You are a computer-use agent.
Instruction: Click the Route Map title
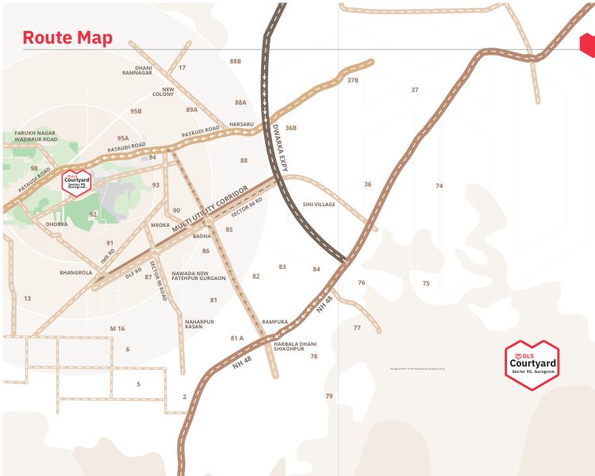point(67,37)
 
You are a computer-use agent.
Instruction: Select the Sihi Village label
point(319,205)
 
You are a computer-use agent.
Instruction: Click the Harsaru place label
point(241,125)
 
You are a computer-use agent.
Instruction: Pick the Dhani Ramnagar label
point(144,71)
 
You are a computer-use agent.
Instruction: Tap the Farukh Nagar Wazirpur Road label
point(36,136)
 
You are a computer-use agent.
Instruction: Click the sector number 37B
point(353,80)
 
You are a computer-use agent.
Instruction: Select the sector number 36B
point(290,128)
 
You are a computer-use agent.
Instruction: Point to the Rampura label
point(274,322)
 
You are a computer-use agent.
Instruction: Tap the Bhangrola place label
point(76,273)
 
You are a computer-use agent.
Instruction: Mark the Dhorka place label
point(57,225)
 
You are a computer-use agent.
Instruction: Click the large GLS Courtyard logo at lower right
point(532,365)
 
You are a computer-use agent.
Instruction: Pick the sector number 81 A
point(237,338)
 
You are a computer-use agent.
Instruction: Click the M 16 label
point(117,328)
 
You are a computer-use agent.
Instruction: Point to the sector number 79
point(329,396)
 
